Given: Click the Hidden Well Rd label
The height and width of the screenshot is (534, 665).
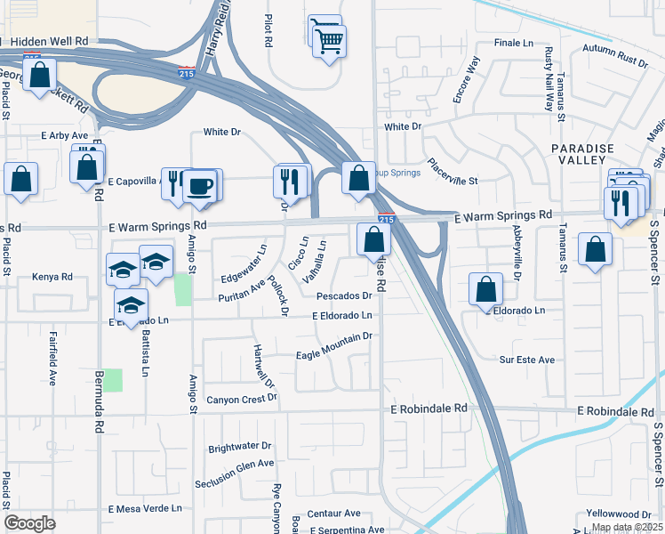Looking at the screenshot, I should [50, 42].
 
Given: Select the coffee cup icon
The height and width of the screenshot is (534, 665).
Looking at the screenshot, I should [201, 188].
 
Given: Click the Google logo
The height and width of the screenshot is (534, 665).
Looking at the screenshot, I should [30, 522].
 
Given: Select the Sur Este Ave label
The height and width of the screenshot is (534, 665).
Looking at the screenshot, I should [526, 360].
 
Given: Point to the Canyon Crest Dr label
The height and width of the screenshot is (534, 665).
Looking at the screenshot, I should [242, 399].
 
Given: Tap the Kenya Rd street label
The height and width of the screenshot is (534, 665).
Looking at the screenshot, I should [52, 277].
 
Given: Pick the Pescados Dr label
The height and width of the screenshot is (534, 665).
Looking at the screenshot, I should [343, 295].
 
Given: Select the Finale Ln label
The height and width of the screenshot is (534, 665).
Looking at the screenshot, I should [512, 42].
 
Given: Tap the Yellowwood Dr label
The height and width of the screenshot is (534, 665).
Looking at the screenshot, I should [619, 514].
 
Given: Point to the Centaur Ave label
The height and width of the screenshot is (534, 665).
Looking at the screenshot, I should [333, 514].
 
